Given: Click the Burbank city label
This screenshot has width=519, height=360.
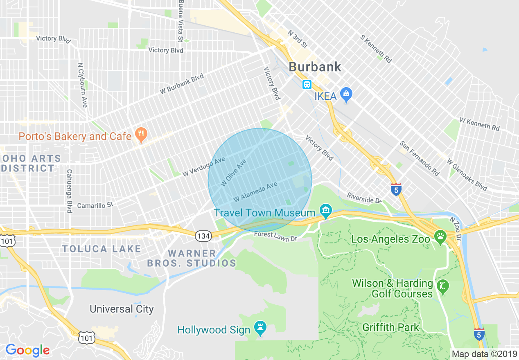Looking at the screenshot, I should pos(315,67).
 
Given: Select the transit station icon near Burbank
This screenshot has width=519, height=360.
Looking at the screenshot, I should pos(307,85).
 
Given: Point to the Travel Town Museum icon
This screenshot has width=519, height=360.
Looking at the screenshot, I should pos(326,211).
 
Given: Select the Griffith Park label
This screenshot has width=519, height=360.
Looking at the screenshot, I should pos(390,327).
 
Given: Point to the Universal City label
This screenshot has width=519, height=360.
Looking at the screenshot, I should pos(122,309).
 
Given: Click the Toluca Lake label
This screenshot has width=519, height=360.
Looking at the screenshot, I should pos(102,249).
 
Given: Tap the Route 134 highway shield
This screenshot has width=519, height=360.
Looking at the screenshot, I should pos(203,236).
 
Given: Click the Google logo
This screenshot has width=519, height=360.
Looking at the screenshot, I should pos(27,350).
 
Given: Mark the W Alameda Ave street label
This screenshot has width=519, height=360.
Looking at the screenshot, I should pos(255,192).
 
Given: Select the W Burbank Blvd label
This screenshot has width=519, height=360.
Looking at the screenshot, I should pos(181,84).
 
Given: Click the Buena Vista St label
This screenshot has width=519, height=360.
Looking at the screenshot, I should pos(181,20).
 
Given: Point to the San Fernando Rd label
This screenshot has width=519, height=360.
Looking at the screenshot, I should pos(420,158).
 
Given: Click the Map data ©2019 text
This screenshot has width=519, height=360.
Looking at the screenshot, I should pos(484,354).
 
